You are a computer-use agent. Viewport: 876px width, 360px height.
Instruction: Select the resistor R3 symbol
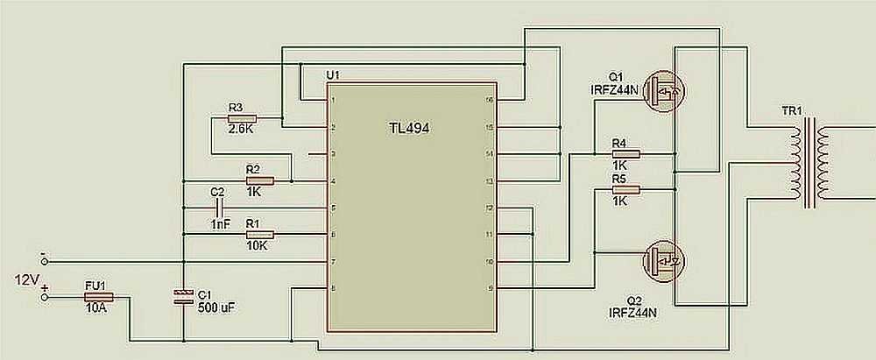point(241,118)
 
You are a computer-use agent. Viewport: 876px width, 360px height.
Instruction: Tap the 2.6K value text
point(240,129)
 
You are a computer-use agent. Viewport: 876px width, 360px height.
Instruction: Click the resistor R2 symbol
point(260,181)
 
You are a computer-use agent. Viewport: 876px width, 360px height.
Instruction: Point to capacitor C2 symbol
point(218,208)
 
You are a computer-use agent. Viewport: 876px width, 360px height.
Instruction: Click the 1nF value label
point(220,224)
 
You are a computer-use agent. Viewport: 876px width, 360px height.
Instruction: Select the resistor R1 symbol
point(260,234)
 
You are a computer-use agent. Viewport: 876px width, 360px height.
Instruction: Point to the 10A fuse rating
point(96,309)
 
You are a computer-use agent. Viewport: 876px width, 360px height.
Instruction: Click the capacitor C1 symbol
point(182,296)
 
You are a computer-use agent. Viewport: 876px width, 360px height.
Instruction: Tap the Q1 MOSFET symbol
point(663,91)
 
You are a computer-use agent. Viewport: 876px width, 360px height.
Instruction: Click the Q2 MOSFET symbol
point(663,259)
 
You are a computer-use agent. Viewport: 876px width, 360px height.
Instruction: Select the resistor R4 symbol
point(625,154)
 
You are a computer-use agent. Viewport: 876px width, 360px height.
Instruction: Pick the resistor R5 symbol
point(625,189)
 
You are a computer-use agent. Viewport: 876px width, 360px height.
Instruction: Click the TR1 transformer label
point(792,113)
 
